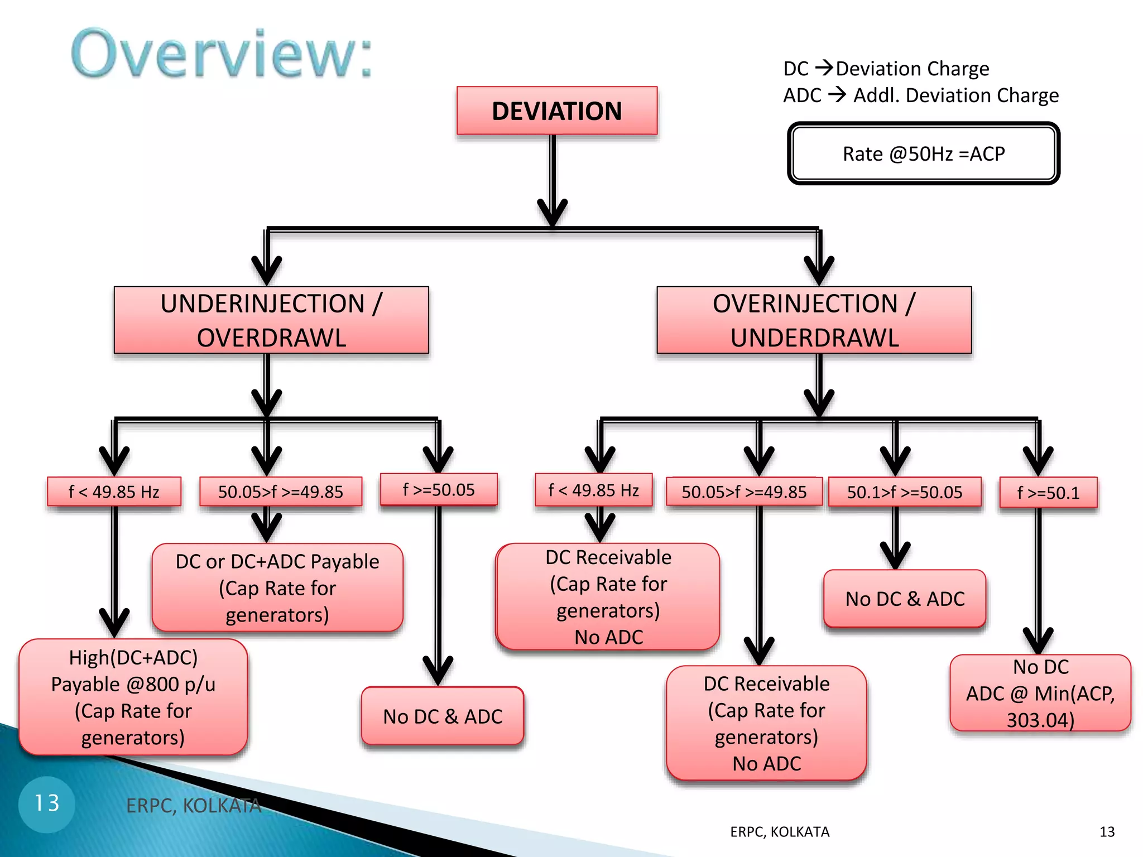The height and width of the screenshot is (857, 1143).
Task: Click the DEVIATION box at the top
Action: pos(556,110)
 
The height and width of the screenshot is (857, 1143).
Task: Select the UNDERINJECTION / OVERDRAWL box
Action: pos(271,320)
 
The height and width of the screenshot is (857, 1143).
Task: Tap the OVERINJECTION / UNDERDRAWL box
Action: pos(814,320)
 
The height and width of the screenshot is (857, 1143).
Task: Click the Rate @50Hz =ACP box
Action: pos(923,153)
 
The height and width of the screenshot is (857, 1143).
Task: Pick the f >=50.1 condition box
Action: pos(1048,493)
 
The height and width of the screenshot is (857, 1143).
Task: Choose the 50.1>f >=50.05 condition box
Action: pos(904,492)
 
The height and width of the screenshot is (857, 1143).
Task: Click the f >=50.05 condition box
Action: pos(438,490)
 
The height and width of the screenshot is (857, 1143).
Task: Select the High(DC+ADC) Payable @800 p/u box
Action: pos(133,697)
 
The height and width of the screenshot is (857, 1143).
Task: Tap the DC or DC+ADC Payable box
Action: pos(277,588)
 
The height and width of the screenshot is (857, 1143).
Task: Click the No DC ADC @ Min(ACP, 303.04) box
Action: pos(1040,693)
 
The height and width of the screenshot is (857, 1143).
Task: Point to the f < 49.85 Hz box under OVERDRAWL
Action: pos(114,492)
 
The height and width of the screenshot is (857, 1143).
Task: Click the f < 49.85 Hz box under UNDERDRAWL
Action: pos(593,490)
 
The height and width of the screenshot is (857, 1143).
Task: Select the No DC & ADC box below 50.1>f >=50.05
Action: pos(904,599)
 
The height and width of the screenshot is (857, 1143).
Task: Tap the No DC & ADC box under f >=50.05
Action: pos(442,716)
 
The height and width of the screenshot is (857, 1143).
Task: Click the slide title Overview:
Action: pos(222,54)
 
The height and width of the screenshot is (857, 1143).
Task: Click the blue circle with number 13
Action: pos(47,804)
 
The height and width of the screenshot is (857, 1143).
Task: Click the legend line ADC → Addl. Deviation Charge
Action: pos(920,95)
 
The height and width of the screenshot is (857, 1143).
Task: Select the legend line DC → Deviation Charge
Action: pos(886,69)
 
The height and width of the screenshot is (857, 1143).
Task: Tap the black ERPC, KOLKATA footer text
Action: pos(779,832)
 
